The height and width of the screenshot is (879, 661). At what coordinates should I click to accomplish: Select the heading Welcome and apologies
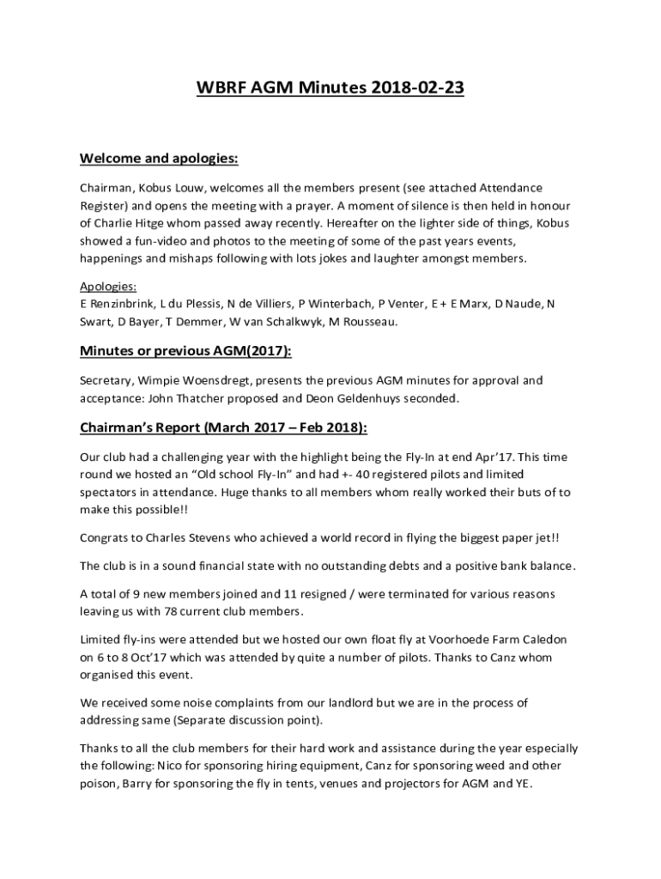(159, 159)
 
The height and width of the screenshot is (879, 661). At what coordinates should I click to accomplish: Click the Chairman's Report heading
(224, 427)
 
